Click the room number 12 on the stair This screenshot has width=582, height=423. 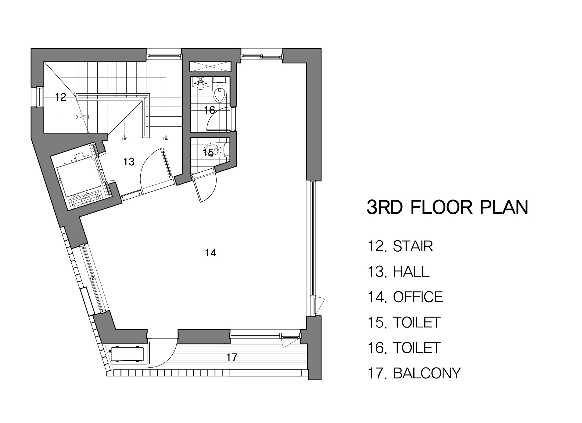click(x=61, y=97)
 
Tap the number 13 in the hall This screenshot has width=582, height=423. click(x=129, y=162)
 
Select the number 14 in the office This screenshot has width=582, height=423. click(x=211, y=253)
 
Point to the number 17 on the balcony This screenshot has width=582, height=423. click(x=232, y=357)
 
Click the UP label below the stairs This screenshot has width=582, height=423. click(x=124, y=139)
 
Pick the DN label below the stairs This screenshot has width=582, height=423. click(x=166, y=139)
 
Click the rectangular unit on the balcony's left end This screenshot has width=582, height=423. click(x=127, y=354)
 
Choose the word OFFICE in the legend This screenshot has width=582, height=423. click(x=418, y=297)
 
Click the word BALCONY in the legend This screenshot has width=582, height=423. click(x=427, y=373)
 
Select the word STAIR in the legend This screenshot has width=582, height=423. click(x=413, y=246)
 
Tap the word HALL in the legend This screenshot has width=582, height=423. click(x=411, y=272)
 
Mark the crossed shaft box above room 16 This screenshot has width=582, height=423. click(x=210, y=66)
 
